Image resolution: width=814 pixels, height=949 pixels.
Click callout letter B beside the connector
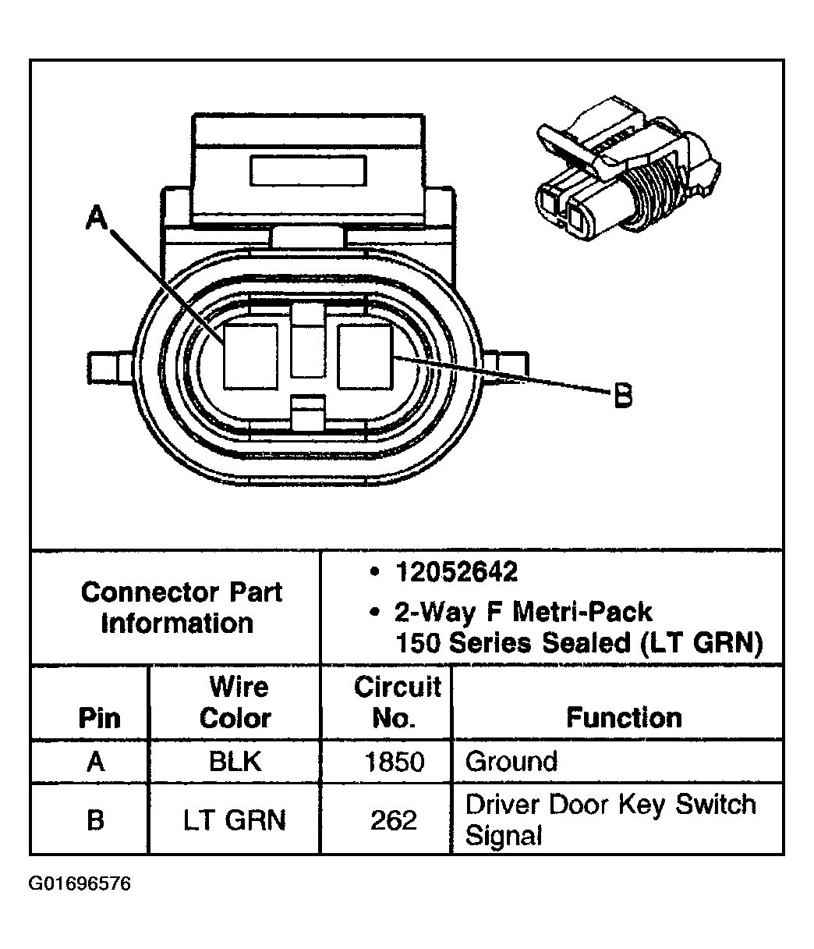(x=621, y=397)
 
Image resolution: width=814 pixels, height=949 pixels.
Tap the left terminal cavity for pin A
(x=250, y=356)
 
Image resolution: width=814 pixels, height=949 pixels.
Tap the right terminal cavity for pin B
(x=365, y=356)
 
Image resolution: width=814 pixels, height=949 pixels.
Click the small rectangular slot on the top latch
(x=307, y=169)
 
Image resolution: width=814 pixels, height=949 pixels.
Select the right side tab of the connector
(x=507, y=365)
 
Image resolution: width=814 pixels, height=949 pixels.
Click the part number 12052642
(x=456, y=573)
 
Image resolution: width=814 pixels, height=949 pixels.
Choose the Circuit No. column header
(x=396, y=702)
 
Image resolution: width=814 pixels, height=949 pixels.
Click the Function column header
(x=623, y=717)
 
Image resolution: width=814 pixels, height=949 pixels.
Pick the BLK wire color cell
(x=235, y=762)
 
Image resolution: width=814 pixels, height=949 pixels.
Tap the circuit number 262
(x=394, y=820)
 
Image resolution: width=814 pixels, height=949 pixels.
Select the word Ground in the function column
(x=511, y=762)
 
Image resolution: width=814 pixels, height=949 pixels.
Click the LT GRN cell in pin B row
(x=235, y=820)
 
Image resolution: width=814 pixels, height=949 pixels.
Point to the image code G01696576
(x=80, y=884)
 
